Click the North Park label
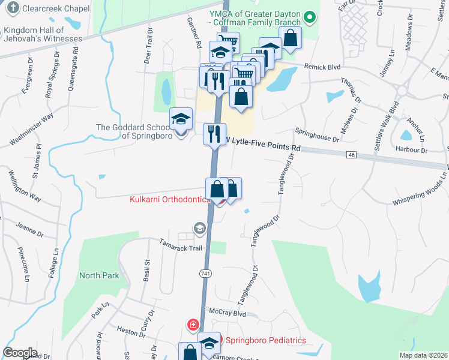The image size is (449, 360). [99, 275]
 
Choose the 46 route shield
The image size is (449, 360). [352, 155]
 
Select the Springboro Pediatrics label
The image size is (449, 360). [265, 340]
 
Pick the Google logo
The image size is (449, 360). [20, 353]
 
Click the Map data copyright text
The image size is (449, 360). [423, 355]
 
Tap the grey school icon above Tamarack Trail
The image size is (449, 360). [199, 228]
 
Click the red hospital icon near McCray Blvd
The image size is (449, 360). [193, 325]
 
